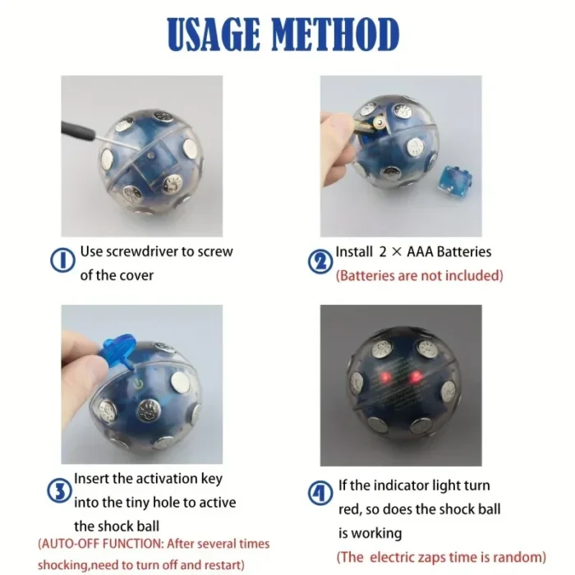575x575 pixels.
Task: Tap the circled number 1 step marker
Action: point(63,262)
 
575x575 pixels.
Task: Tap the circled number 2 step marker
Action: point(320,262)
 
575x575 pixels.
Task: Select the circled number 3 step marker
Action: point(58,491)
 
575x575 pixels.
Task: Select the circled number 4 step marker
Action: point(320,493)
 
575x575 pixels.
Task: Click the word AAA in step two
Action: point(407,252)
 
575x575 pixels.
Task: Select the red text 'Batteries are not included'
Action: point(420,275)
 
